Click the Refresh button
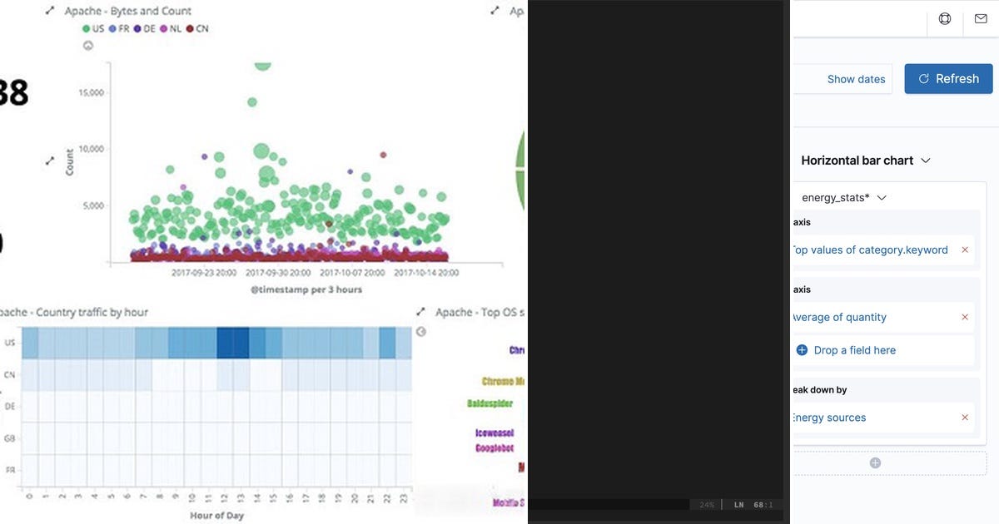click(x=948, y=79)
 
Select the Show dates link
click(x=856, y=79)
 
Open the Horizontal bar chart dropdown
click(x=865, y=161)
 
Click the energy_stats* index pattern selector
click(x=843, y=198)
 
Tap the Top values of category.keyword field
click(x=869, y=250)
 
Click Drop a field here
click(x=854, y=350)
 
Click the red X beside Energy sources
click(x=965, y=418)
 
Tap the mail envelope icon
click(x=980, y=18)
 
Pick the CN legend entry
click(x=196, y=28)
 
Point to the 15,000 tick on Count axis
click(x=91, y=92)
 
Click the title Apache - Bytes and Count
click(x=127, y=11)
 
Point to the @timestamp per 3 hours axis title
click(x=306, y=289)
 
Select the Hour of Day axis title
click(x=216, y=515)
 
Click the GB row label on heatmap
click(x=10, y=438)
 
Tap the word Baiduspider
click(x=490, y=403)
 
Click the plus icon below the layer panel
click(x=875, y=463)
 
